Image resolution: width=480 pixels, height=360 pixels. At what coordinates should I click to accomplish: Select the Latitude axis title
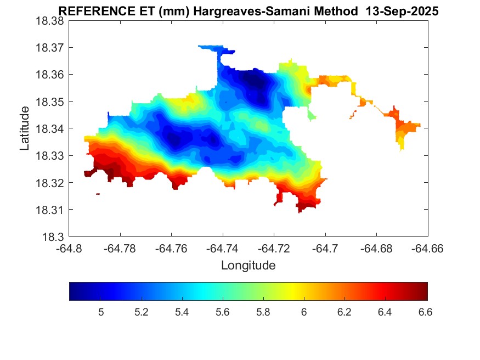[25, 129]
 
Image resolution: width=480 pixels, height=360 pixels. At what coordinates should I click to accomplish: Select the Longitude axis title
[248, 266]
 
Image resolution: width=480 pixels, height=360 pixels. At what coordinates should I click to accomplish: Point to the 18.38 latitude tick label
[49, 21]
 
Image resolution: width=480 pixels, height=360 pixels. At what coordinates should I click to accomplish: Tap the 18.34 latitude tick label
[49, 129]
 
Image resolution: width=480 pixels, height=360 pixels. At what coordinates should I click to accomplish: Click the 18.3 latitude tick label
[54, 237]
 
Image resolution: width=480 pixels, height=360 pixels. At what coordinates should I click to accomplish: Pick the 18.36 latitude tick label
[49, 75]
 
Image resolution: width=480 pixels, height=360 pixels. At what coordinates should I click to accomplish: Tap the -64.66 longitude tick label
[428, 249]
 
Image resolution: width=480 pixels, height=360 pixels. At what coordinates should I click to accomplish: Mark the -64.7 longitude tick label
[326, 249]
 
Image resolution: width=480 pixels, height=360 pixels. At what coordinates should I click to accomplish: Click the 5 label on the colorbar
[101, 312]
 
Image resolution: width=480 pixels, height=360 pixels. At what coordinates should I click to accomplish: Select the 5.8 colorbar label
[263, 312]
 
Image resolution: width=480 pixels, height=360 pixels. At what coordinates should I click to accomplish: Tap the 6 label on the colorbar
[303, 312]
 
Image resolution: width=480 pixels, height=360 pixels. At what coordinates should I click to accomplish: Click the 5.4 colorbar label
[182, 312]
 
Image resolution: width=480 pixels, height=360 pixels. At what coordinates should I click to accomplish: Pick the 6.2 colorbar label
[344, 312]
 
